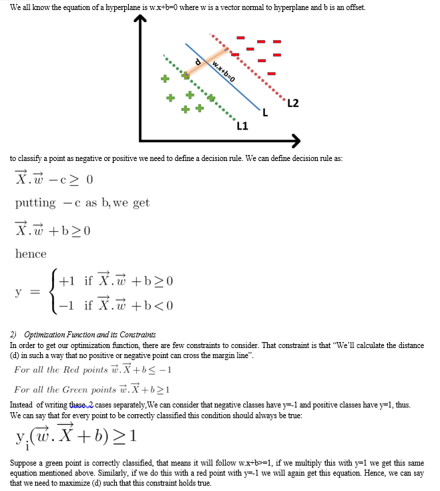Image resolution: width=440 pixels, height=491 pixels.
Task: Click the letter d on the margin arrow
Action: (198, 62)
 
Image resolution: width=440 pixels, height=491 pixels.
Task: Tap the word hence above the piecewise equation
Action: (31, 254)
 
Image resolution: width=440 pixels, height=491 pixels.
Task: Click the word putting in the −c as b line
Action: (35, 202)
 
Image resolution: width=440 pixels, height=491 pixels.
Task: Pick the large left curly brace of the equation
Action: (52, 293)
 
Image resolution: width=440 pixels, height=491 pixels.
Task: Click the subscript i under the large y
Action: (26, 447)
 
